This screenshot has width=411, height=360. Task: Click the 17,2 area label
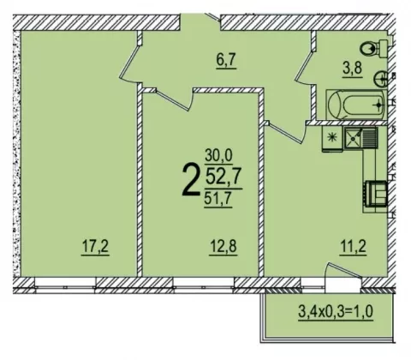point(95,247)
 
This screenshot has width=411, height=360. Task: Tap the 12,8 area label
point(223,247)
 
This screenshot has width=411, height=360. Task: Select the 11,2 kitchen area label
point(353,247)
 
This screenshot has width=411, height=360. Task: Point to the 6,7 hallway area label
point(225,61)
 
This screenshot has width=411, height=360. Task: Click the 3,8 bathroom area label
point(353,69)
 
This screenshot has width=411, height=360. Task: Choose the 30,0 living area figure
point(218,157)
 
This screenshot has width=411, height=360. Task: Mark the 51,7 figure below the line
point(217,199)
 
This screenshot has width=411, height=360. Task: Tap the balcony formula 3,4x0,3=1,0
point(336,311)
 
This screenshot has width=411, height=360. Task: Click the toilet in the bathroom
point(373,49)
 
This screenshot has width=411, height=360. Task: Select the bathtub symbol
point(357,105)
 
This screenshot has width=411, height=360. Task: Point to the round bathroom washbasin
point(380,79)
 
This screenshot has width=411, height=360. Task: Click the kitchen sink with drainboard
point(360,138)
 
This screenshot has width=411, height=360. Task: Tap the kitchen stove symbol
point(375,194)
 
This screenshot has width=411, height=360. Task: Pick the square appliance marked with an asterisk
point(332,138)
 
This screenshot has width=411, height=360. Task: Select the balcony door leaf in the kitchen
point(344,269)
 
